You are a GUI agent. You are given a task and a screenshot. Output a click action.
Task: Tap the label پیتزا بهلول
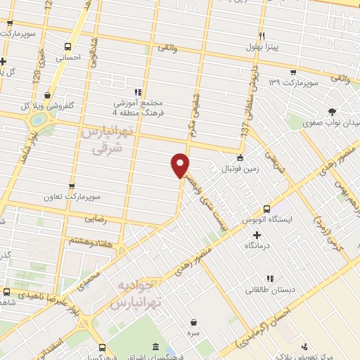click(x=262, y=46)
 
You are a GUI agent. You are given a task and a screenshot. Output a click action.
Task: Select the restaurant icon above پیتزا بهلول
click(x=262, y=36)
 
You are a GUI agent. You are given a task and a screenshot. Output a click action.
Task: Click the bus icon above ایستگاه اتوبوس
click(x=266, y=209)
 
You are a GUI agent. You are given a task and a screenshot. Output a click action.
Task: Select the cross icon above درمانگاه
click(x=257, y=235)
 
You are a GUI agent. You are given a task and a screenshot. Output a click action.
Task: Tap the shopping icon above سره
click(x=193, y=322)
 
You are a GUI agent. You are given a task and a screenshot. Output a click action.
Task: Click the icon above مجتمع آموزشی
click(x=139, y=91)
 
